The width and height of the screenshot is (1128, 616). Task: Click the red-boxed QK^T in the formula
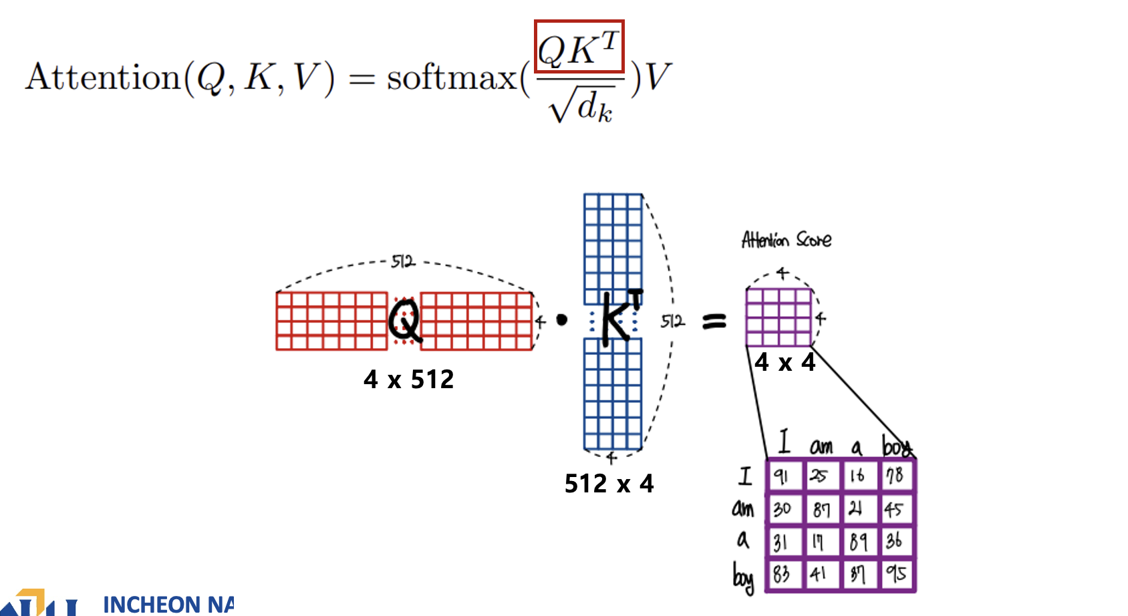pos(579,47)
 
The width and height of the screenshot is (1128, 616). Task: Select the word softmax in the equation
pos(452,78)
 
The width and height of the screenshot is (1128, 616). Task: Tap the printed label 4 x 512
pos(408,379)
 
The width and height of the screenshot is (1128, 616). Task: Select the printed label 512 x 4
pos(609,483)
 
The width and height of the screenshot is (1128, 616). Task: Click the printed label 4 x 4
pos(785,362)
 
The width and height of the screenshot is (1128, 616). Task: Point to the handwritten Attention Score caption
pos(787,240)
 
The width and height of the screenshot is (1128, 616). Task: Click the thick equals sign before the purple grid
pos(714,323)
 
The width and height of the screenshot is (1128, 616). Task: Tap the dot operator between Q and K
pos(562,320)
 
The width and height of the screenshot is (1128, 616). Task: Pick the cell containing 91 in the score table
pos(783,476)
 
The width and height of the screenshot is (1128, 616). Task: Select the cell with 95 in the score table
pos(895,574)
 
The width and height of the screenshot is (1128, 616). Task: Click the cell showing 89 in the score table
pos(858,541)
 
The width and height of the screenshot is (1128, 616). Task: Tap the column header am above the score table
pos(821,446)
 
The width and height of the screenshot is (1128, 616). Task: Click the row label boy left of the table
pos(743,577)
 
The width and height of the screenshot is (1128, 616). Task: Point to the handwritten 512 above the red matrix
pos(403,261)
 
